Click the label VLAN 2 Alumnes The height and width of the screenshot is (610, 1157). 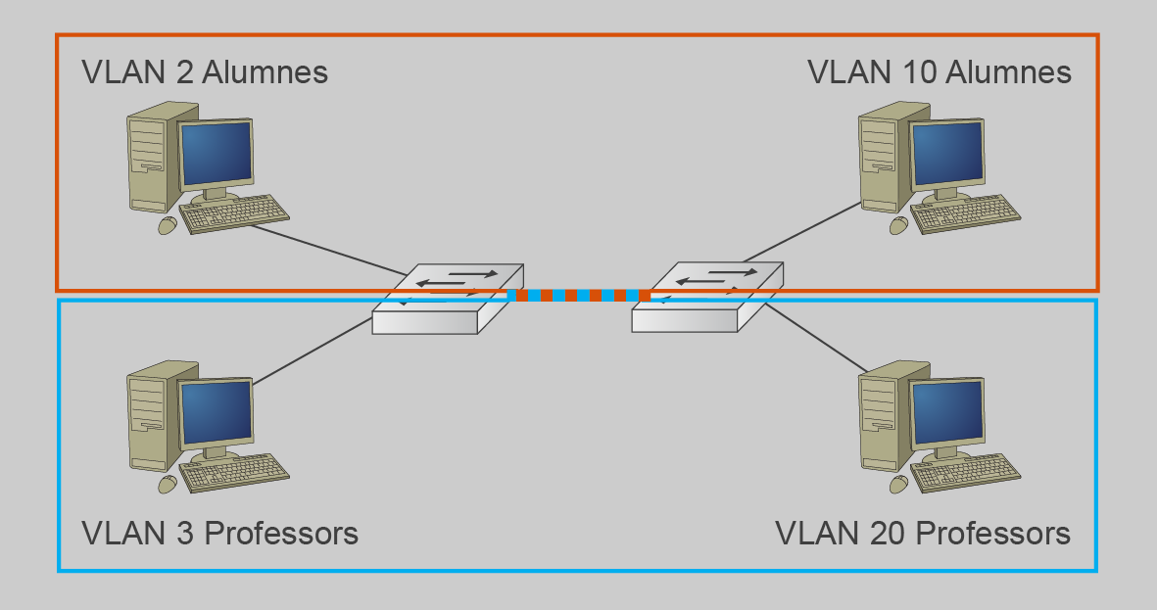click(205, 72)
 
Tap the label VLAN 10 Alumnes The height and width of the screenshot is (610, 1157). click(939, 72)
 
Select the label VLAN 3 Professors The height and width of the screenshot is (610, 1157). click(220, 534)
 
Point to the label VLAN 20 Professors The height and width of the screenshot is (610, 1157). click(923, 534)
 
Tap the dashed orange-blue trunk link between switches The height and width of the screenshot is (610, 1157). click(578, 295)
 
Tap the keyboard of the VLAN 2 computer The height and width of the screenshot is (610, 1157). click(235, 213)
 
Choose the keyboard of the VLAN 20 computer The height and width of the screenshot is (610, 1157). click(967, 474)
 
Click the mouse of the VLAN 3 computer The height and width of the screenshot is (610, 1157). click(168, 485)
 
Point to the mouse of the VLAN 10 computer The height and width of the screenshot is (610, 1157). click(898, 225)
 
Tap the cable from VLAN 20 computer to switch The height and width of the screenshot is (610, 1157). click(813, 338)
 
